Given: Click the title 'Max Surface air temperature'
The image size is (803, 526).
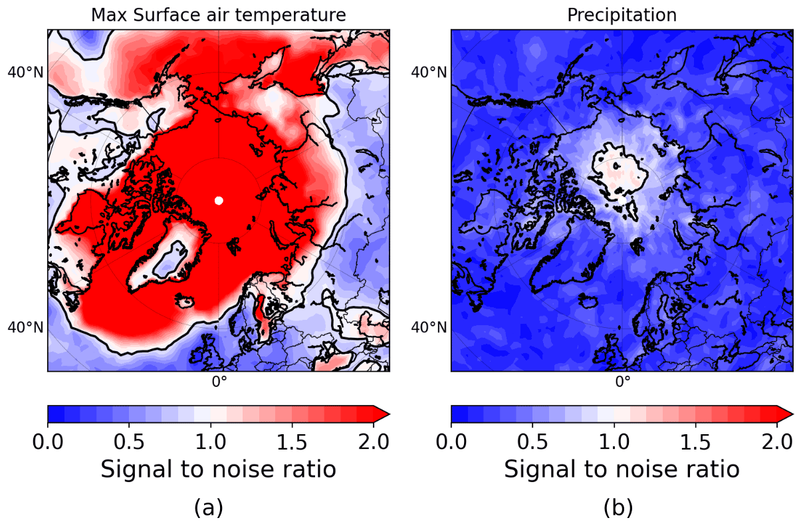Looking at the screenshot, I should coord(219,15).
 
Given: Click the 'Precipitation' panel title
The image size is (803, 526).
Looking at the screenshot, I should coord(622,15).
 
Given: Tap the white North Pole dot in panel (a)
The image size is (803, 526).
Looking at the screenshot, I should coord(219,201).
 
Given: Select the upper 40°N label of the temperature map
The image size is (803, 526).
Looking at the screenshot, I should coord(25,72).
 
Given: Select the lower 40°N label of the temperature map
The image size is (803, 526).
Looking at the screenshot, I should coord(25,327).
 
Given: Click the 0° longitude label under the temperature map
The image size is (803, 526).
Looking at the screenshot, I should coord(219,382).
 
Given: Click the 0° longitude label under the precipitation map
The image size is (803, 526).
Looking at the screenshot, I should coord(622,382).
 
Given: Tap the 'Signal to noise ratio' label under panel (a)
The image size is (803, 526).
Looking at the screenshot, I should coord(218,469).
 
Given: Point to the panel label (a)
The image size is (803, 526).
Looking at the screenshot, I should coord(208,507).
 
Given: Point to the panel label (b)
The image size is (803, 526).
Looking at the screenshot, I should coord(618,507).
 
